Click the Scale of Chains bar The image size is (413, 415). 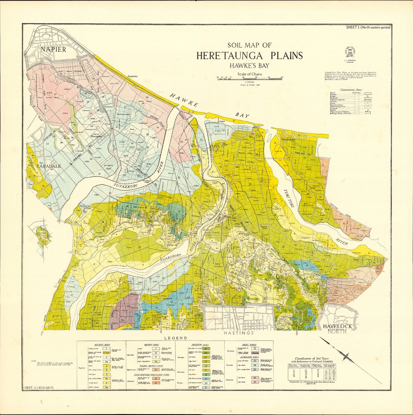pyautogui.click(x=249, y=78)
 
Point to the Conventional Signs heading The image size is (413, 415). pyautogui.click(x=350, y=90)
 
